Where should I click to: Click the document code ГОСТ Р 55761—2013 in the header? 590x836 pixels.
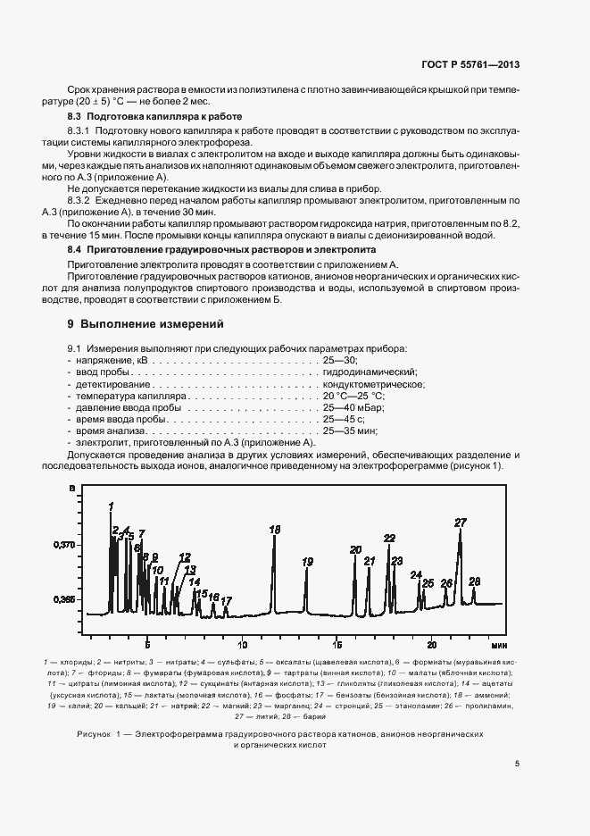click(x=471, y=65)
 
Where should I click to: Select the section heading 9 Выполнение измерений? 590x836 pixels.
click(x=139, y=322)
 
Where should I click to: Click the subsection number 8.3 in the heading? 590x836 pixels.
click(x=75, y=117)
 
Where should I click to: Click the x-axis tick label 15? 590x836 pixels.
click(x=337, y=644)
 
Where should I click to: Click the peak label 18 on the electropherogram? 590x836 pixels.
click(x=274, y=530)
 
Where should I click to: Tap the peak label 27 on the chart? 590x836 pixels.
click(x=461, y=522)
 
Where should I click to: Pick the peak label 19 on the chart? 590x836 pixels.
click(x=307, y=562)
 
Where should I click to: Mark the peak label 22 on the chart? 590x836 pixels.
click(x=389, y=538)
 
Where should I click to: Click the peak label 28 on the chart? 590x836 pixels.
click(x=474, y=581)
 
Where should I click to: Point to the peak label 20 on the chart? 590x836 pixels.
click(x=355, y=549)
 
